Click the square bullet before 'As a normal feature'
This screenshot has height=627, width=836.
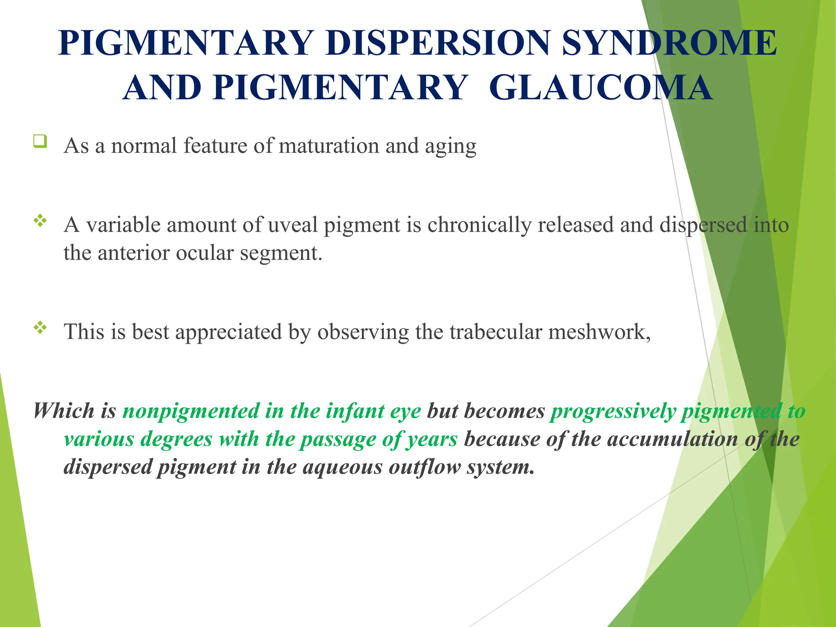[x=40, y=141]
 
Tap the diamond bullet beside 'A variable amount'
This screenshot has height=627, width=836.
[x=40, y=221]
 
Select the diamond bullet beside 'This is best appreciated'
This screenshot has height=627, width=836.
[x=40, y=327]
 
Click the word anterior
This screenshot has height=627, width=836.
[x=133, y=253]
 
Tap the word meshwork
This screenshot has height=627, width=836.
[x=599, y=331]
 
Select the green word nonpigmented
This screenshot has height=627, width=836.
[x=191, y=411]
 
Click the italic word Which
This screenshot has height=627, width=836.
[x=63, y=411]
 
